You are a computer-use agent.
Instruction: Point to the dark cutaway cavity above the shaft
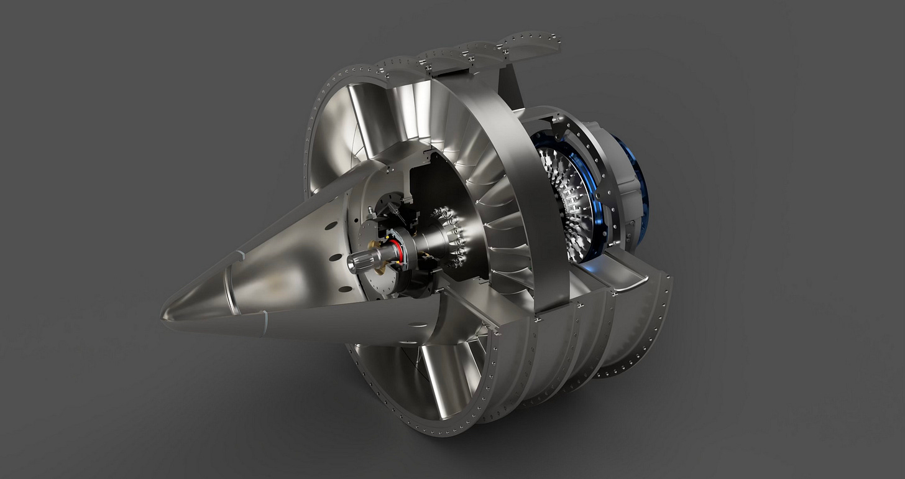coord(416,187)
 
